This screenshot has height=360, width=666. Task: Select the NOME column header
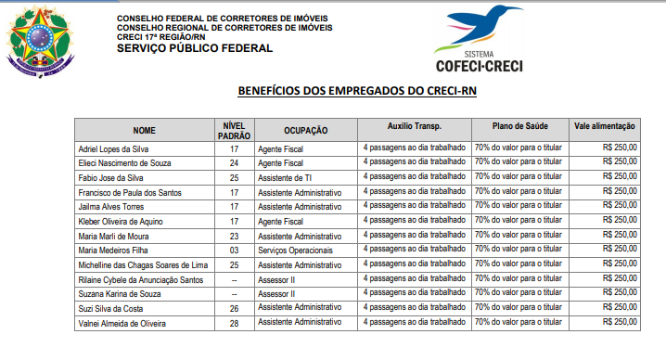point(144,130)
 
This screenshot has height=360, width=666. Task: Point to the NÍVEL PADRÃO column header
point(234,130)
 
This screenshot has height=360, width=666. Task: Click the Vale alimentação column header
point(604,125)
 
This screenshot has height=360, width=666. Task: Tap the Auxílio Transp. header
point(413,125)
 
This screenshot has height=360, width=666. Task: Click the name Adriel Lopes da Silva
point(114,148)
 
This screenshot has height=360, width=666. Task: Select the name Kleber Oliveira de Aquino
point(122,221)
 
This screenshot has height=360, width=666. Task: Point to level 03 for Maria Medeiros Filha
point(234,250)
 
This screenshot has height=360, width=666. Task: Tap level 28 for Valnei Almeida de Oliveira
point(234,322)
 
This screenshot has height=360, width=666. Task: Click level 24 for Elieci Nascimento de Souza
point(234,163)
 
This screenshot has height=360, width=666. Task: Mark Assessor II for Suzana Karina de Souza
point(276,293)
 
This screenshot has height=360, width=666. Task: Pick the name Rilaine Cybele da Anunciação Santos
point(140,278)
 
